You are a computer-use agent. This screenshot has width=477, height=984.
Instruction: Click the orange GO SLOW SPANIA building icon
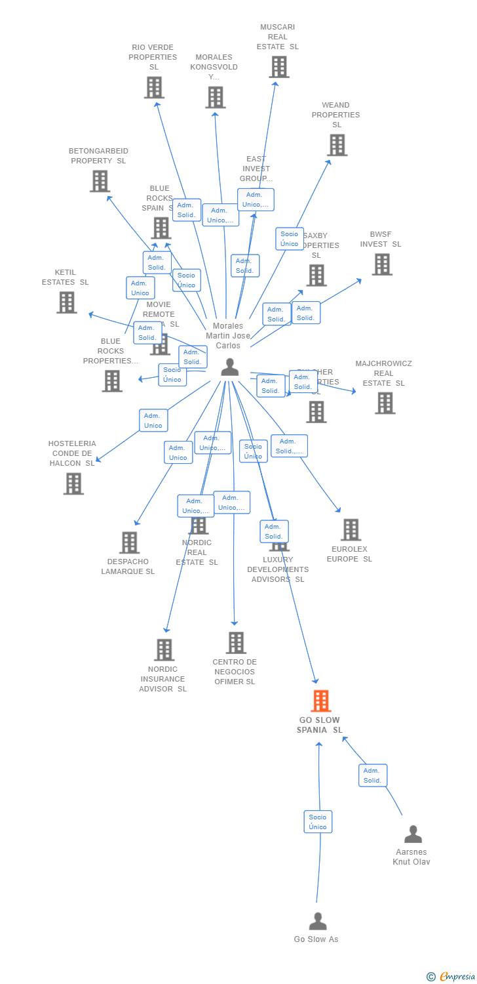point(320,701)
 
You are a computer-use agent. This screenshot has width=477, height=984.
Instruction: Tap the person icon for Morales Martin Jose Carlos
point(229,367)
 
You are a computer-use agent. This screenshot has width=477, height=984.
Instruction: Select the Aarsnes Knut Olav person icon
point(413,834)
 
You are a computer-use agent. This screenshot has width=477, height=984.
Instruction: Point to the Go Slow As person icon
point(318,921)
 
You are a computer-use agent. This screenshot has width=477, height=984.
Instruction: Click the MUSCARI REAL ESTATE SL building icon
point(278,67)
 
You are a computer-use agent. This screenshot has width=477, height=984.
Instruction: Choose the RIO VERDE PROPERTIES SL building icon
point(154,87)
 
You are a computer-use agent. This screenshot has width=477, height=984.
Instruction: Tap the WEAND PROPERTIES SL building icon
point(337,145)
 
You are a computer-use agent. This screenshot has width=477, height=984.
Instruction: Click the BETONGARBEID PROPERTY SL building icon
point(100,181)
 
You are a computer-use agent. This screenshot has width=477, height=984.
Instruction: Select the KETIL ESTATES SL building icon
point(66,302)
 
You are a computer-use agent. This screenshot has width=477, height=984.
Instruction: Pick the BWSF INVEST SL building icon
point(381,264)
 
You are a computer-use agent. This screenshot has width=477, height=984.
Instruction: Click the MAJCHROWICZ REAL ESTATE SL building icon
point(385,403)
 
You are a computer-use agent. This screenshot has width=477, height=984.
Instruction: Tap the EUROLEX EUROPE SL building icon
point(351,530)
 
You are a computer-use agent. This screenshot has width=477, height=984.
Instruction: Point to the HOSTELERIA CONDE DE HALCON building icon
point(73,483)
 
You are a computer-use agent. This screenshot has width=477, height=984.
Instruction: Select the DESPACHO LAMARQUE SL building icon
point(129,543)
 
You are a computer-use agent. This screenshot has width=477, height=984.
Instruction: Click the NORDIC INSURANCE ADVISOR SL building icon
point(164,649)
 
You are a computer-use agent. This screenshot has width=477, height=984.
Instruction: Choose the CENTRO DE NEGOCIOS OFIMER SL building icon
point(236,643)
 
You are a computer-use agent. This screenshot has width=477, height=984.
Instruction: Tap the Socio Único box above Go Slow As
point(318,821)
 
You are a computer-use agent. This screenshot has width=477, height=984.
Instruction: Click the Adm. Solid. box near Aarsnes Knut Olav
point(372,775)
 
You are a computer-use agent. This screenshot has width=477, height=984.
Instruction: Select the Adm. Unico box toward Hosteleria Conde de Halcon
point(153,420)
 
